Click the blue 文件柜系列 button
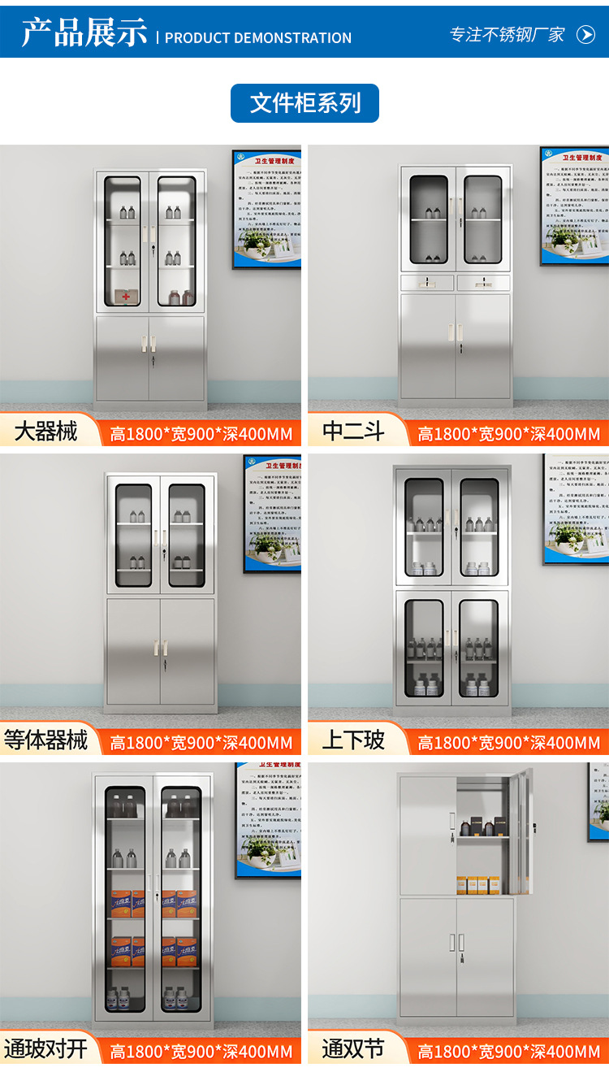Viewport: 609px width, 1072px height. (304, 103)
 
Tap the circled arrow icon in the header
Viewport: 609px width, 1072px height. (585, 34)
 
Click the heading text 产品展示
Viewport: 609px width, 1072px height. (84, 33)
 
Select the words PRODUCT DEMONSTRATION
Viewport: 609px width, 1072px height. (258, 38)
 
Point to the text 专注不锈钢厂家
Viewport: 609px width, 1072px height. (508, 34)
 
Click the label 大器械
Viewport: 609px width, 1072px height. (45, 432)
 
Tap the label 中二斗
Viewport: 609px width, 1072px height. (353, 432)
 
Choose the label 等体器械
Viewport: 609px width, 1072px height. (45, 740)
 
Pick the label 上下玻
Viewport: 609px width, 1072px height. (353, 740)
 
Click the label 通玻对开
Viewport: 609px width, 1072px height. (45, 1048)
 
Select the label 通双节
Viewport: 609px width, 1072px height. (353, 1048)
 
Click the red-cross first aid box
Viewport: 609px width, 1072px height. (125, 297)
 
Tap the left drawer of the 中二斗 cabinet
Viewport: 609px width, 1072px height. (427, 283)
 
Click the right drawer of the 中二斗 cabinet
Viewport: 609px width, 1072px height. (483, 283)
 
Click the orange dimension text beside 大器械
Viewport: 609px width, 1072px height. (201, 434)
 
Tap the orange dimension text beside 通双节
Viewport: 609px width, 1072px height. (508, 1052)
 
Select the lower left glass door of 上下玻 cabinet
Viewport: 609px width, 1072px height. (425, 649)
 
